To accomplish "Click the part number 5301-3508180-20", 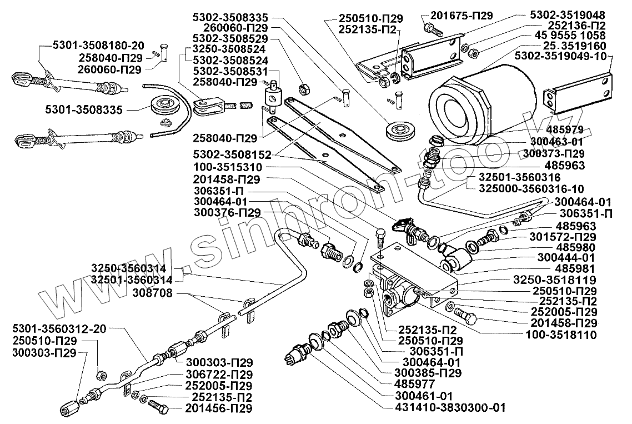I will pos(98,46).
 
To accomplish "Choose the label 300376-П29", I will pos(228,212).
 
